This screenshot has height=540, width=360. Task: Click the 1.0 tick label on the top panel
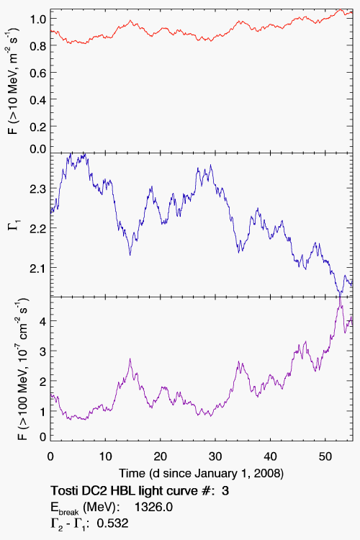pos(38,19)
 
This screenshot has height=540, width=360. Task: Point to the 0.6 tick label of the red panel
pos(38,73)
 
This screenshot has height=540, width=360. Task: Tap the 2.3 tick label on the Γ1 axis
pos(38,189)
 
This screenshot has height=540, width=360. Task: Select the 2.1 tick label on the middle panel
pos(38,268)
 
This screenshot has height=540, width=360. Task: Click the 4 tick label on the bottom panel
pos(42,321)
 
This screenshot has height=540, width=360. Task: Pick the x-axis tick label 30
pos(215,456)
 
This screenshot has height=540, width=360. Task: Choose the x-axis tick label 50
pos(325,456)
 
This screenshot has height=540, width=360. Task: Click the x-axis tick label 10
pos(105,456)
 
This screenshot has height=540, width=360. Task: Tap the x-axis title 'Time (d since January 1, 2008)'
pos(201,474)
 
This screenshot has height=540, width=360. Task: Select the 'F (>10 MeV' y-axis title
pos(14,81)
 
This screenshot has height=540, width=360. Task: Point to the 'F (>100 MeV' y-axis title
pos(22,369)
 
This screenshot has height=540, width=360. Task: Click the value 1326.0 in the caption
pos(153,507)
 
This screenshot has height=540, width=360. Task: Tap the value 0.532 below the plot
pos(112,523)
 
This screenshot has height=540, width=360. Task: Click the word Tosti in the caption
pos(63,490)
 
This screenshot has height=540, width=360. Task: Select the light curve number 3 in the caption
pos(225,490)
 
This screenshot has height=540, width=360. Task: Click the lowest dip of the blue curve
pos(340,294)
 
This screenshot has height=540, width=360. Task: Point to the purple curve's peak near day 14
pos(130,359)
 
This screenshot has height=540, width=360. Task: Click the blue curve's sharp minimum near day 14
pos(130,255)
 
